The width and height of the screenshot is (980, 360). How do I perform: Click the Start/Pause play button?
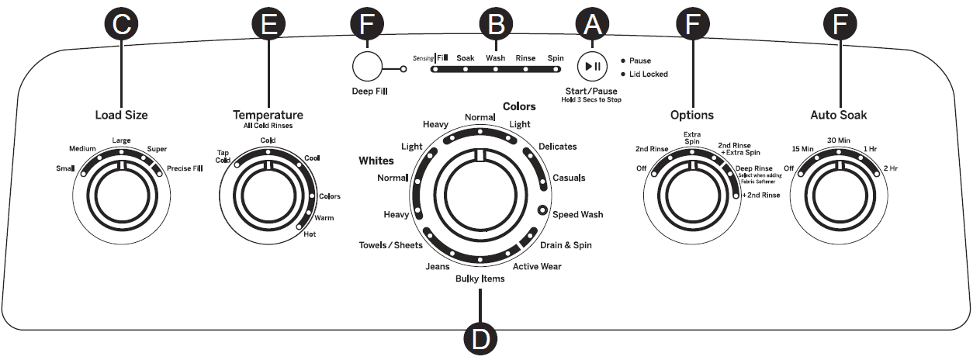pos(592,67)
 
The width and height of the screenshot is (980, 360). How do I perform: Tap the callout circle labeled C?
pos(121,24)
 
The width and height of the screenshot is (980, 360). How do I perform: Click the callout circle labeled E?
pos(268,24)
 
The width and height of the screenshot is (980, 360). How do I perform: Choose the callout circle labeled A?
pos(592,24)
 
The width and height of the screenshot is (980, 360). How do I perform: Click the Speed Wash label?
pos(577,214)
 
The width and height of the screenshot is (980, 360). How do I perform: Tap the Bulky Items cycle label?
pos(480,279)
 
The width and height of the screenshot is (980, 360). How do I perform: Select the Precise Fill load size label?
pos(184,167)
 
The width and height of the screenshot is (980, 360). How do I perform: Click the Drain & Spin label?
pos(566,245)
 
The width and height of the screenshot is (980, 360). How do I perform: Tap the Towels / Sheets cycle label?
pos(390,246)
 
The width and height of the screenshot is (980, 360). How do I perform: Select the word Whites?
pos(376,161)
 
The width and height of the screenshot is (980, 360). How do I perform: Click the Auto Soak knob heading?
pos(838,116)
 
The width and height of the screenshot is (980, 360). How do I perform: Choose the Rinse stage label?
pos(525,58)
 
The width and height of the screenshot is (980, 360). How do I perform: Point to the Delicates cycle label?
pos(557,146)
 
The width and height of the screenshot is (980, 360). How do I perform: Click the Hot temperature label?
pos(310,234)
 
